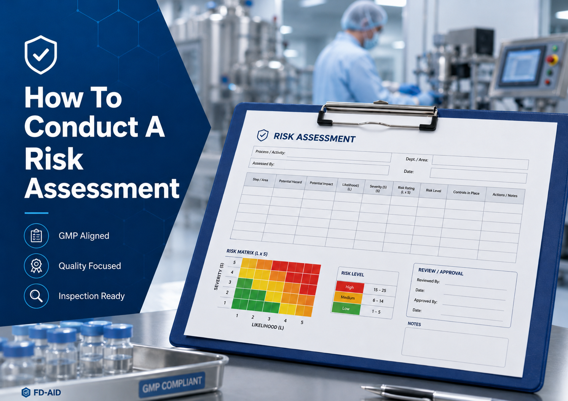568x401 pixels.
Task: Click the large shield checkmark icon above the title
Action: click(41, 55)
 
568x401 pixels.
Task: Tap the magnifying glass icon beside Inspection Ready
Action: click(36, 296)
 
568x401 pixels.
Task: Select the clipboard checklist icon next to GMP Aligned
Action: click(36, 236)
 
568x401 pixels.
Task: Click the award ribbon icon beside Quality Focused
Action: click(36, 266)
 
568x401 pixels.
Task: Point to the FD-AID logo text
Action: click(47, 393)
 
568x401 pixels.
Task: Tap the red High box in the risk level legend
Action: click(349, 287)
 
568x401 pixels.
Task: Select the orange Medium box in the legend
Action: click(348, 298)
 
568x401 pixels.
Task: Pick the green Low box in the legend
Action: click(346, 309)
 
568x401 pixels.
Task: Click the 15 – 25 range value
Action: click(380, 290)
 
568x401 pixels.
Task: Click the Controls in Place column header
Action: click(466, 193)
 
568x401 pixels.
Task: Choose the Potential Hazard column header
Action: click(290, 181)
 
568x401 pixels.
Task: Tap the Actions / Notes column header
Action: click(504, 195)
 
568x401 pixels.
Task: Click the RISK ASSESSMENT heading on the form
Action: click(314, 137)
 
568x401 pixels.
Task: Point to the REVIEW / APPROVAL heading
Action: click(441, 272)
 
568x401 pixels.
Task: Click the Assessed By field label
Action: click(263, 164)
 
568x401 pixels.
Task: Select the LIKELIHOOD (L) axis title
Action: click(268, 326)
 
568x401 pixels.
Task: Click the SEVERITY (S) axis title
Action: click(219, 277)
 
